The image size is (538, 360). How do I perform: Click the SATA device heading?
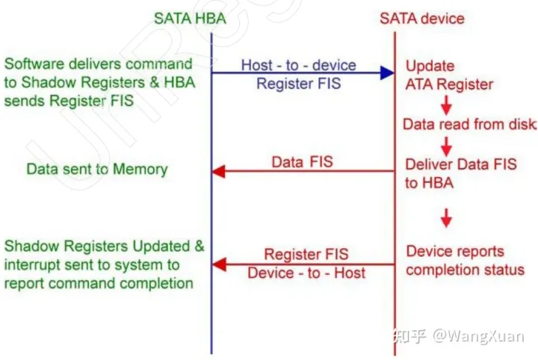[x=422, y=17]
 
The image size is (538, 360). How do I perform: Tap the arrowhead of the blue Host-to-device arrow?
[x=386, y=72]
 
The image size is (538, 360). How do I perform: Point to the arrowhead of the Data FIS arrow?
[x=218, y=172]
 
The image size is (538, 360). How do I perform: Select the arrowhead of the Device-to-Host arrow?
[x=218, y=263]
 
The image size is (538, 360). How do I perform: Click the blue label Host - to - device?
[x=298, y=64]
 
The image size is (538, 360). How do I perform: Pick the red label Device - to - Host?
[x=306, y=273]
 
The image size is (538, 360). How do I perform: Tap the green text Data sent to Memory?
[x=97, y=169]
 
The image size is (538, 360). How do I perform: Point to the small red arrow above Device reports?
[x=446, y=218]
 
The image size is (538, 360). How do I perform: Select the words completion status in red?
[x=464, y=269]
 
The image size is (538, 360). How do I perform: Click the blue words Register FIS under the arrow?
[x=298, y=84]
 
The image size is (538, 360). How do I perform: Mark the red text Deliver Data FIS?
[x=460, y=164]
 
